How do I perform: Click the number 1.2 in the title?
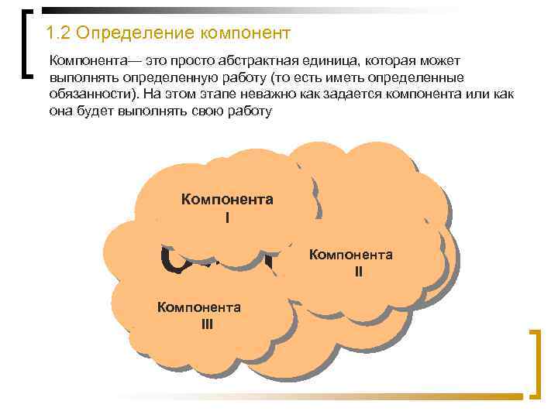[59, 34]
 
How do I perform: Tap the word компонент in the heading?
[246, 34]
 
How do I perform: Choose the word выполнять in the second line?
[80, 77]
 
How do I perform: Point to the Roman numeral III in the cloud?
[207, 324]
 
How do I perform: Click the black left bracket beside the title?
[26, 43]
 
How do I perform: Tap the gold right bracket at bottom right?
[534, 364]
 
